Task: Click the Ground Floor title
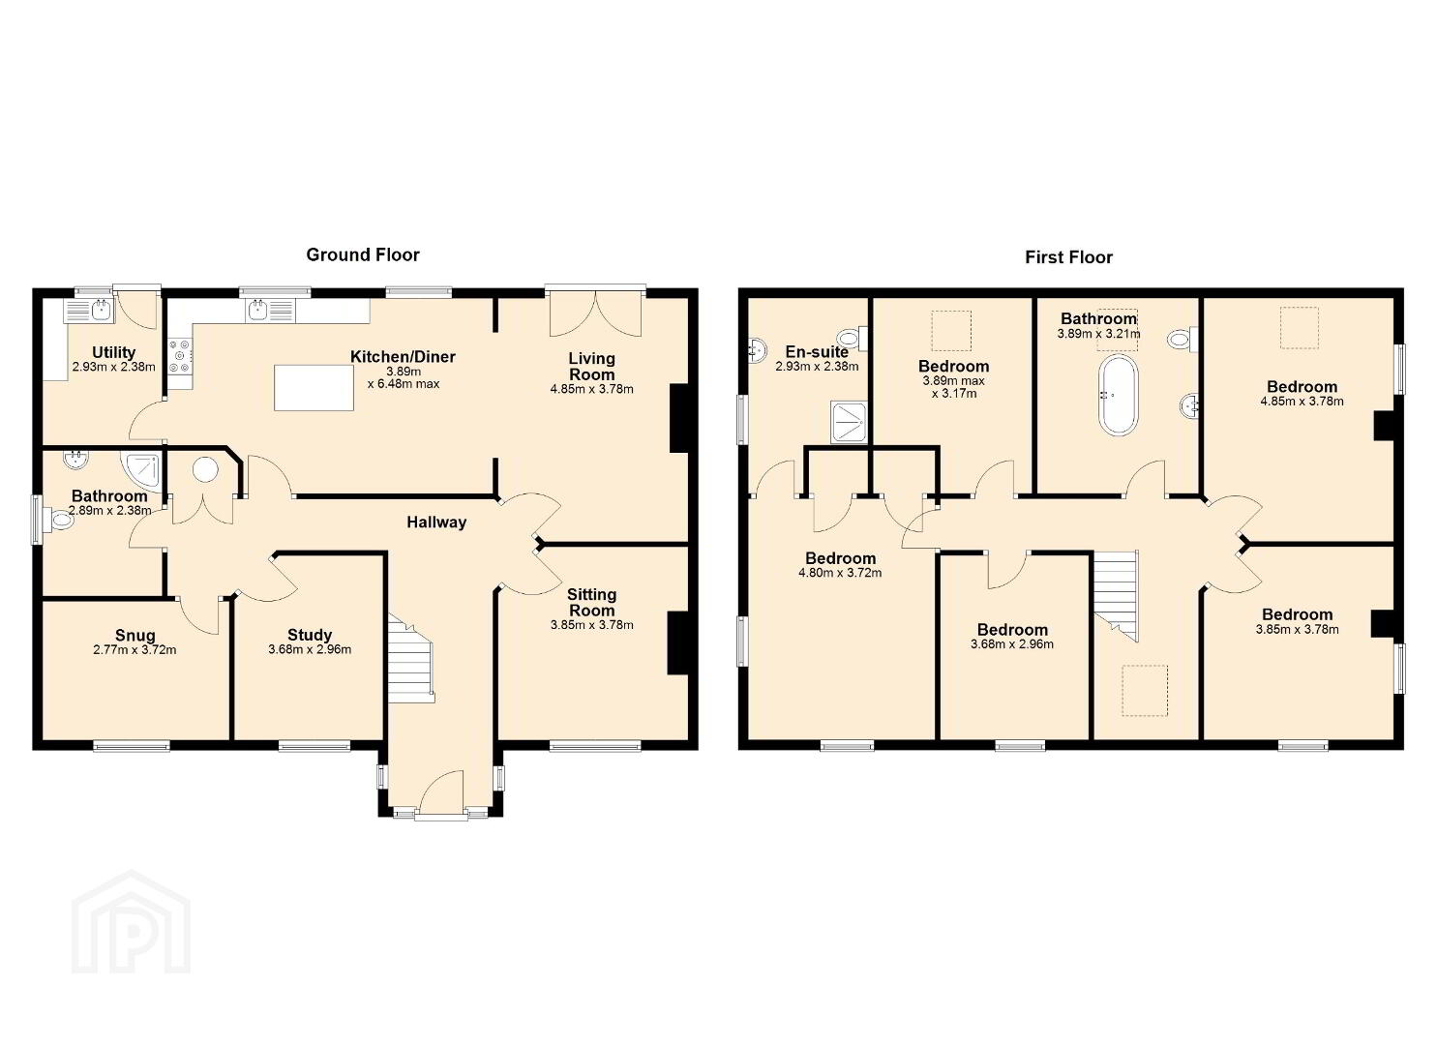363,254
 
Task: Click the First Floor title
1068,257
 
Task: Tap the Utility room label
113,352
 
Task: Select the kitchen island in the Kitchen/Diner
314,387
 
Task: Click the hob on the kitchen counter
181,356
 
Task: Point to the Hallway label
436,522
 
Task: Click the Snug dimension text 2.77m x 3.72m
135,650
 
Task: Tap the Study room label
310,635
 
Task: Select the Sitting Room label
591,603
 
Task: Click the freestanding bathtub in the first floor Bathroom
1119,396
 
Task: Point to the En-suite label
817,351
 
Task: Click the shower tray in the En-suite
849,422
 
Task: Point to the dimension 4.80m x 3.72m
840,573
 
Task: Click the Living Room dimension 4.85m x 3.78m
591,389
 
